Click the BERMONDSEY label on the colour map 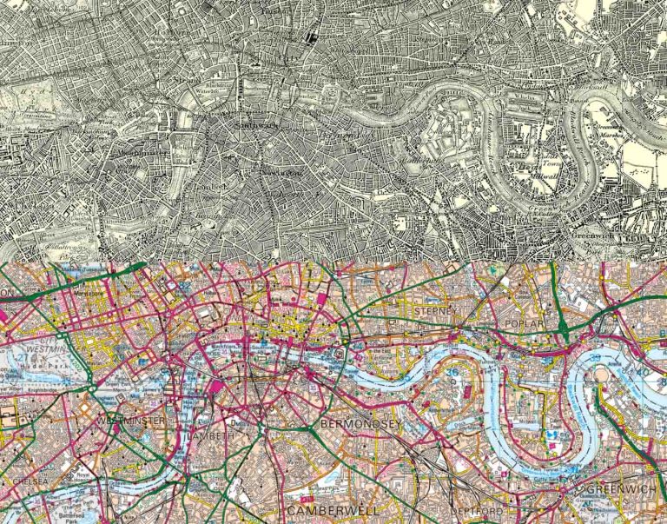(x=359, y=423)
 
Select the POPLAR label (x=522, y=323)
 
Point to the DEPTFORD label (x=475, y=512)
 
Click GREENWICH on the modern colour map (x=624, y=491)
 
